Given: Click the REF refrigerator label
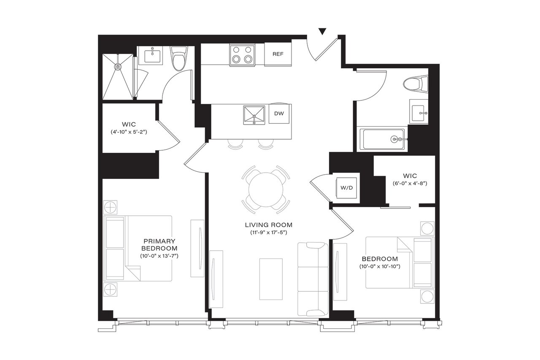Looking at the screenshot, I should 278,54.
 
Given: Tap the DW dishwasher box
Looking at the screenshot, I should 278,114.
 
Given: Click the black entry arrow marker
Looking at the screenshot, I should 322,31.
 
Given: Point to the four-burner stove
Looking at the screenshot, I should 243,55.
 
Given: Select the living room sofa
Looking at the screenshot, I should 313,279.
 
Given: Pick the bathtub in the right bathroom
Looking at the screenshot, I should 384,139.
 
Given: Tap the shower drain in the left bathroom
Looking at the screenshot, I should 118,66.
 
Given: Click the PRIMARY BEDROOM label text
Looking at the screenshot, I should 159,244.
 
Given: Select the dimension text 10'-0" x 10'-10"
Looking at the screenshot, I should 379,266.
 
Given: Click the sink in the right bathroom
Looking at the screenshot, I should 418,113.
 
